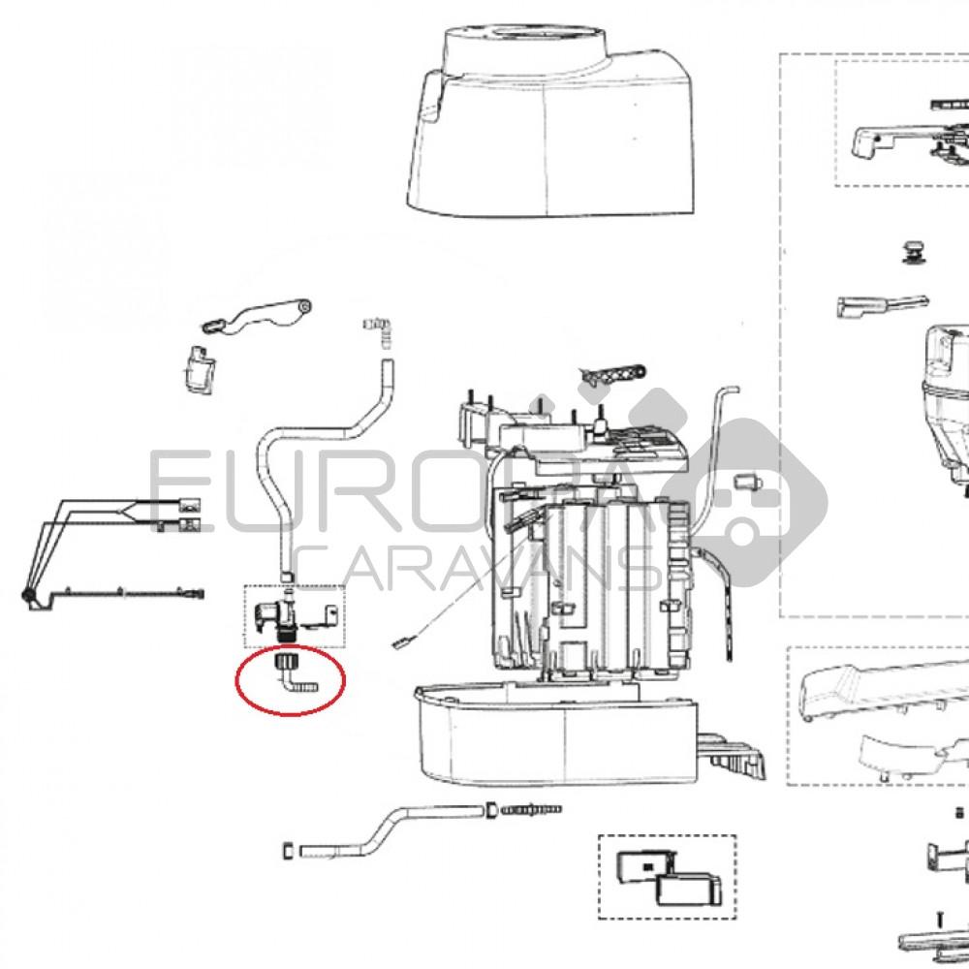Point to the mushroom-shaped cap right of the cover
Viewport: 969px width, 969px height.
(913, 251)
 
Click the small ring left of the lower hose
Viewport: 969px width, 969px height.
(287, 851)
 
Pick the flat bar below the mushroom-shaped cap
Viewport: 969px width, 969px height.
(877, 306)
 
